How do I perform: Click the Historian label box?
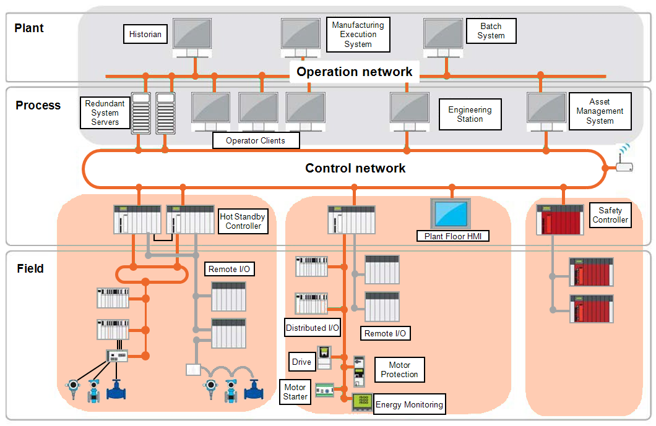[145, 35]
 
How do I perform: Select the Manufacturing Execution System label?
[358, 35]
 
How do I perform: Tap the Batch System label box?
[491, 31]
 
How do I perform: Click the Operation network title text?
[355, 72]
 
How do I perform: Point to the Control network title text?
[355, 168]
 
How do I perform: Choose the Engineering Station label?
[470, 114]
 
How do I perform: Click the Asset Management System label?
[600, 111]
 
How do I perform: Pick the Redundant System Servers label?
[105, 113]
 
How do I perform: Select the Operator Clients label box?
[256, 141]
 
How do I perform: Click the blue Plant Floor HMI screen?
[451, 214]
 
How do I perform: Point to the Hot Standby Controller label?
[243, 221]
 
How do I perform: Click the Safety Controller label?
[610, 215]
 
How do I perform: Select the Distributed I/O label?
[313, 328]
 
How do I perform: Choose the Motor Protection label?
[399, 370]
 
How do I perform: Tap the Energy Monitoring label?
[409, 405]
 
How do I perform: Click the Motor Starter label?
[295, 392]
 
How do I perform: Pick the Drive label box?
[301, 362]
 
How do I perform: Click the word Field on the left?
[30, 269]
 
